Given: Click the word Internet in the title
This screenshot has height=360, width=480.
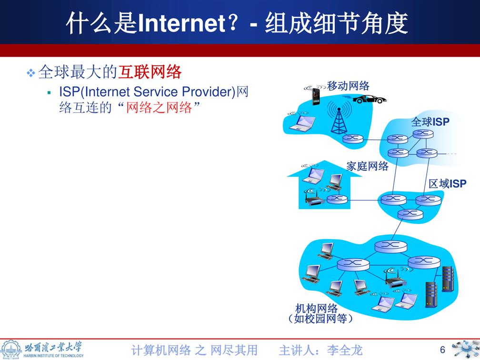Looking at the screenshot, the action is click(181, 24).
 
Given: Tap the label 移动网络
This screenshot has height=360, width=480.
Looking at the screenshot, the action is click(348, 86).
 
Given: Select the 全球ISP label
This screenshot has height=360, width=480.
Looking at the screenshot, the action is click(430, 122).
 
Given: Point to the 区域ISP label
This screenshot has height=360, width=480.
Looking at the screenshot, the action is click(447, 184).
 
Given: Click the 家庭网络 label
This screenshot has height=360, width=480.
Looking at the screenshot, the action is click(367, 166).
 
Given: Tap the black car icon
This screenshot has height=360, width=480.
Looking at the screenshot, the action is click(370, 100).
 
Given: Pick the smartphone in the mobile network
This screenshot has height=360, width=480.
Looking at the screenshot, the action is click(316, 96).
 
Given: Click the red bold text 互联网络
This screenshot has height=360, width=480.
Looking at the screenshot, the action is click(150, 72).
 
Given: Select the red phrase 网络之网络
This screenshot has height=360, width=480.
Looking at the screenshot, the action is click(159, 108).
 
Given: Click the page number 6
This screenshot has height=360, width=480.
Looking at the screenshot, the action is click(442, 350).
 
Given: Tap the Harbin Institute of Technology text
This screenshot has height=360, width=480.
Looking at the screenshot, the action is click(53, 356).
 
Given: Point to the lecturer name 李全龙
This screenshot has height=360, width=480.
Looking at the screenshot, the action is click(345, 350).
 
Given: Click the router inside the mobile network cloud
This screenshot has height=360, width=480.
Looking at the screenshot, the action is click(353, 139).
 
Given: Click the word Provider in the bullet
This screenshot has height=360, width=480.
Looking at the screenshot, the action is click(208, 91).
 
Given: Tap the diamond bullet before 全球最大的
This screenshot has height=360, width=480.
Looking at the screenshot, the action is click(31, 73).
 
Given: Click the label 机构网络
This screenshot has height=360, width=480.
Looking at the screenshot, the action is click(316, 309).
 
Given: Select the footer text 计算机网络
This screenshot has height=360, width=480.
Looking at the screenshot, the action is click(161, 350).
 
